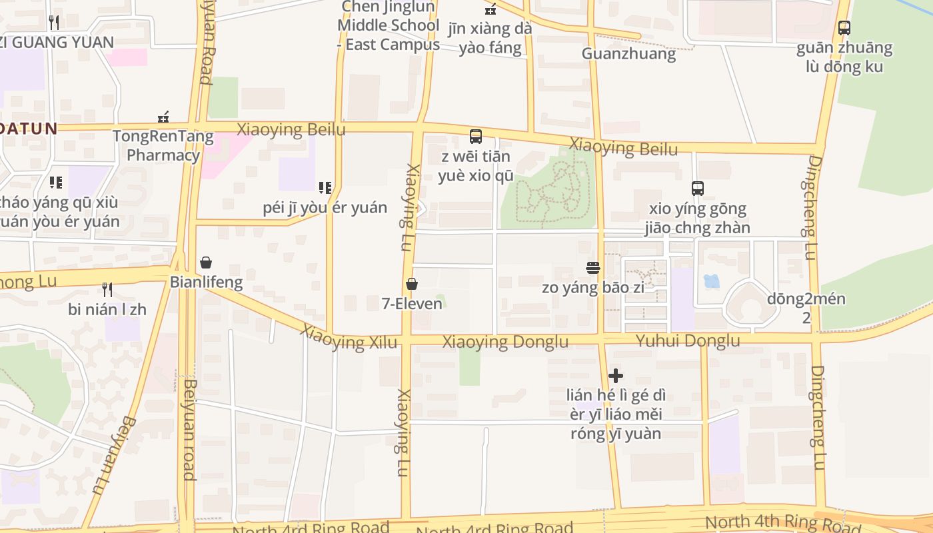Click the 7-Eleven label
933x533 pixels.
pos(412,304)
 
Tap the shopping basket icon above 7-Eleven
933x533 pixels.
pos(412,284)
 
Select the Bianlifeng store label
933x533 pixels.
pos(206,282)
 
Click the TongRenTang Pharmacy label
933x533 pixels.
pos(163,146)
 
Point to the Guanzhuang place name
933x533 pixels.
pos(628,54)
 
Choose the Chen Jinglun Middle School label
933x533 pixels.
pos(389,25)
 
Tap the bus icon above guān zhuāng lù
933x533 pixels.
pos(844,28)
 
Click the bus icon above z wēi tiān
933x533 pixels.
pos(476,137)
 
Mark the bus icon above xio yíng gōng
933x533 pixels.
pos(698,189)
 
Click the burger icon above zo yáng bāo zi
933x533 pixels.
pos(594,268)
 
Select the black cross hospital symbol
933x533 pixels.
pos(616,376)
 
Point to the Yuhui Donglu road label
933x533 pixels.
pos(688,341)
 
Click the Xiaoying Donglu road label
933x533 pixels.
pos(506,342)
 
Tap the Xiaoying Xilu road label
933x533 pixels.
pos(348,338)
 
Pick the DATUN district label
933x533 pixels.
pos(29,128)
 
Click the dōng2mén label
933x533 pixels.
pos(806,299)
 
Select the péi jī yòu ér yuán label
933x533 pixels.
pos(325,207)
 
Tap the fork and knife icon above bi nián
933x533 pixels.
pos(107,289)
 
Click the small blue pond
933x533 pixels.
pos(712,281)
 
